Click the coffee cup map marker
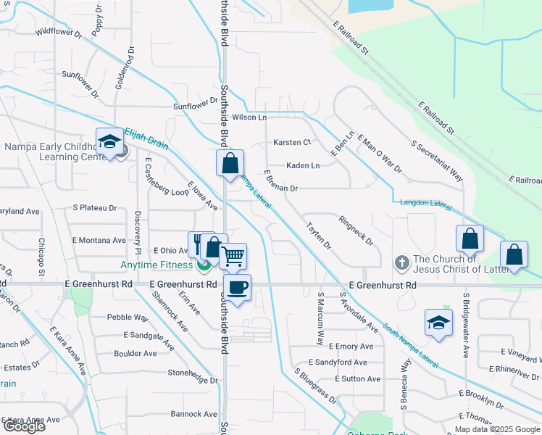click(x=237, y=288)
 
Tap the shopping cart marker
click(x=233, y=256)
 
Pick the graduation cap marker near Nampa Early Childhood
click(x=109, y=141)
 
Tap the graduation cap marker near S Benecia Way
click(x=438, y=323)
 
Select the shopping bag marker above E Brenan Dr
click(x=230, y=163)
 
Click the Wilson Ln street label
click(x=249, y=117)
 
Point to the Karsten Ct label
click(x=291, y=142)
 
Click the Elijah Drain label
click(x=146, y=139)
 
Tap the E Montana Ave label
click(x=99, y=240)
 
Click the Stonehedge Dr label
click(x=193, y=380)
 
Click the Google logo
click(x=23, y=426)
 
